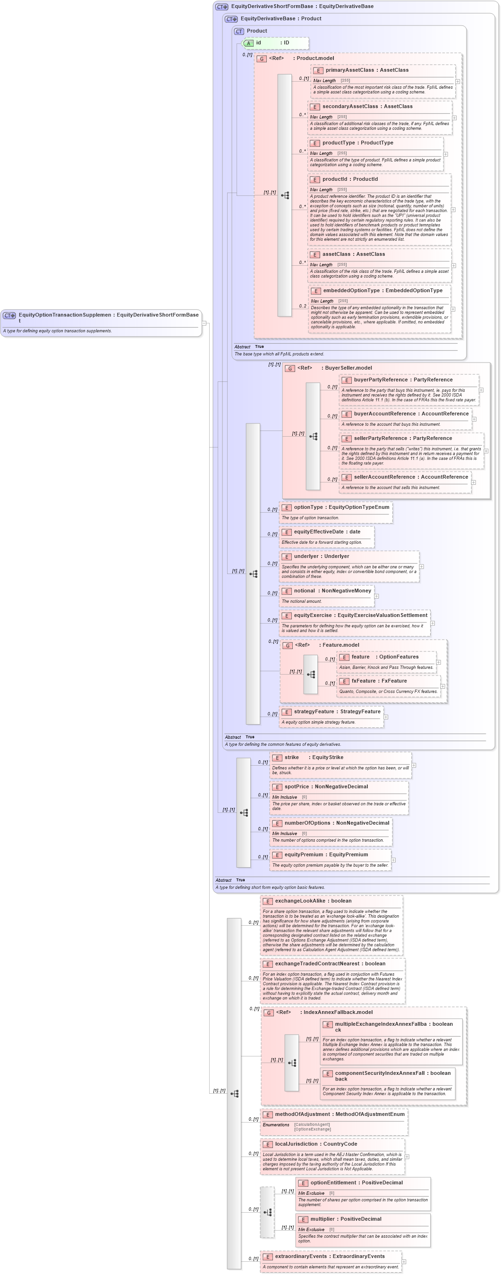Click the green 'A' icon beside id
(249, 43)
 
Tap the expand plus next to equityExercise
(432, 623)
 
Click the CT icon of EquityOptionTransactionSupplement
(9, 315)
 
